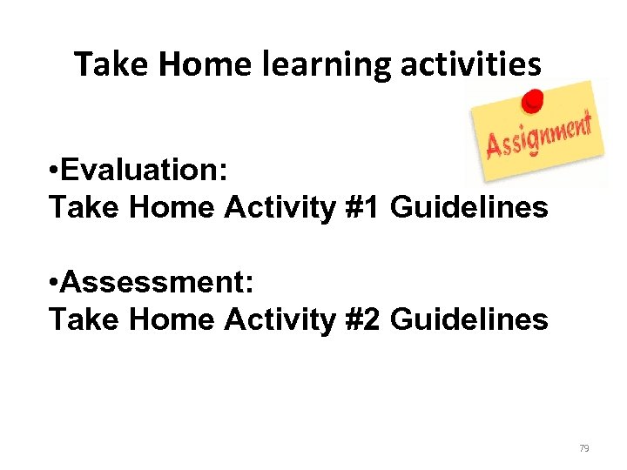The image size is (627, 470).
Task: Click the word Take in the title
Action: point(103,64)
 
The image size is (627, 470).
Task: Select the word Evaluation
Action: point(147,171)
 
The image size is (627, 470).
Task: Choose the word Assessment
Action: point(157,284)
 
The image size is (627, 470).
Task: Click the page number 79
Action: point(583,448)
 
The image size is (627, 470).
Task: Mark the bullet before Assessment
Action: point(56,285)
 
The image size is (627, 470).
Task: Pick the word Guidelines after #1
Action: point(469,208)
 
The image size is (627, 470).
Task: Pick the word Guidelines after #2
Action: point(469,320)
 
